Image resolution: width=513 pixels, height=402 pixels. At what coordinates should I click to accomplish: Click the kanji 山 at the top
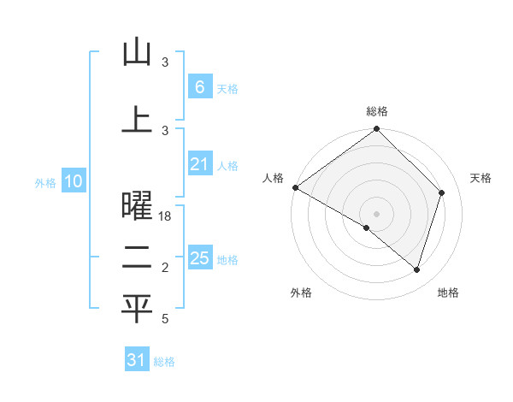click(x=136, y=53)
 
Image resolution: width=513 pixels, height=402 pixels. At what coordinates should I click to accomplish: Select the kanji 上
click(x=136, y=119)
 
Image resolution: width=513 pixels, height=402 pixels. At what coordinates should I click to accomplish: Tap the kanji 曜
click(x=136, y=206)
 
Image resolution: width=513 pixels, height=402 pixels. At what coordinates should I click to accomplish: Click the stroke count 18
click(x=166, y=216)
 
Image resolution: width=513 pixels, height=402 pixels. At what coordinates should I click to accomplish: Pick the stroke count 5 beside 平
click(x=166, y=319)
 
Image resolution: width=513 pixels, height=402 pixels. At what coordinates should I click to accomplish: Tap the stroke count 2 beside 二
click(x=166, y=268)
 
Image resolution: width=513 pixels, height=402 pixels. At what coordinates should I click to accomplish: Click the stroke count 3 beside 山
click(x=166, y=62)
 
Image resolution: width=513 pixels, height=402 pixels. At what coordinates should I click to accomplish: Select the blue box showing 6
click(x=199, y=87)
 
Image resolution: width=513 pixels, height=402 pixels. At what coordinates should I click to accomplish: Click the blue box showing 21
click(x=199, y=164)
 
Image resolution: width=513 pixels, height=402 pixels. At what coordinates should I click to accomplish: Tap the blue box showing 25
click(x=199, y=258)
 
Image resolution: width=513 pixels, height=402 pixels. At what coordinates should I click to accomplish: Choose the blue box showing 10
click(x=73, y=181)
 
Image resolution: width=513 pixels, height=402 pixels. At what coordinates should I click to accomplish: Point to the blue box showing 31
click(x=136, y=360)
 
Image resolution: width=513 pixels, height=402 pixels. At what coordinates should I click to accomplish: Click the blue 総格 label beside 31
click(x=164, y=362)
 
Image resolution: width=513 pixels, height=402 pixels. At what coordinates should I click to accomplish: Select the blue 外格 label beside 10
click(x=45, y=182)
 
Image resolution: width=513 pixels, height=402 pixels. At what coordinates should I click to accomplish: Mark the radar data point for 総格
click(x=376, y=130)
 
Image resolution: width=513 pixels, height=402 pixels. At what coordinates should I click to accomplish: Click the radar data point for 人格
click(x=295, y=187)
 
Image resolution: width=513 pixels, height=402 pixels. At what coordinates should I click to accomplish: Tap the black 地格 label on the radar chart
click(x=448, y=293)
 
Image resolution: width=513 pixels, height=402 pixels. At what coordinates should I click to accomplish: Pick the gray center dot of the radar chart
click(x=376, y=213)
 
